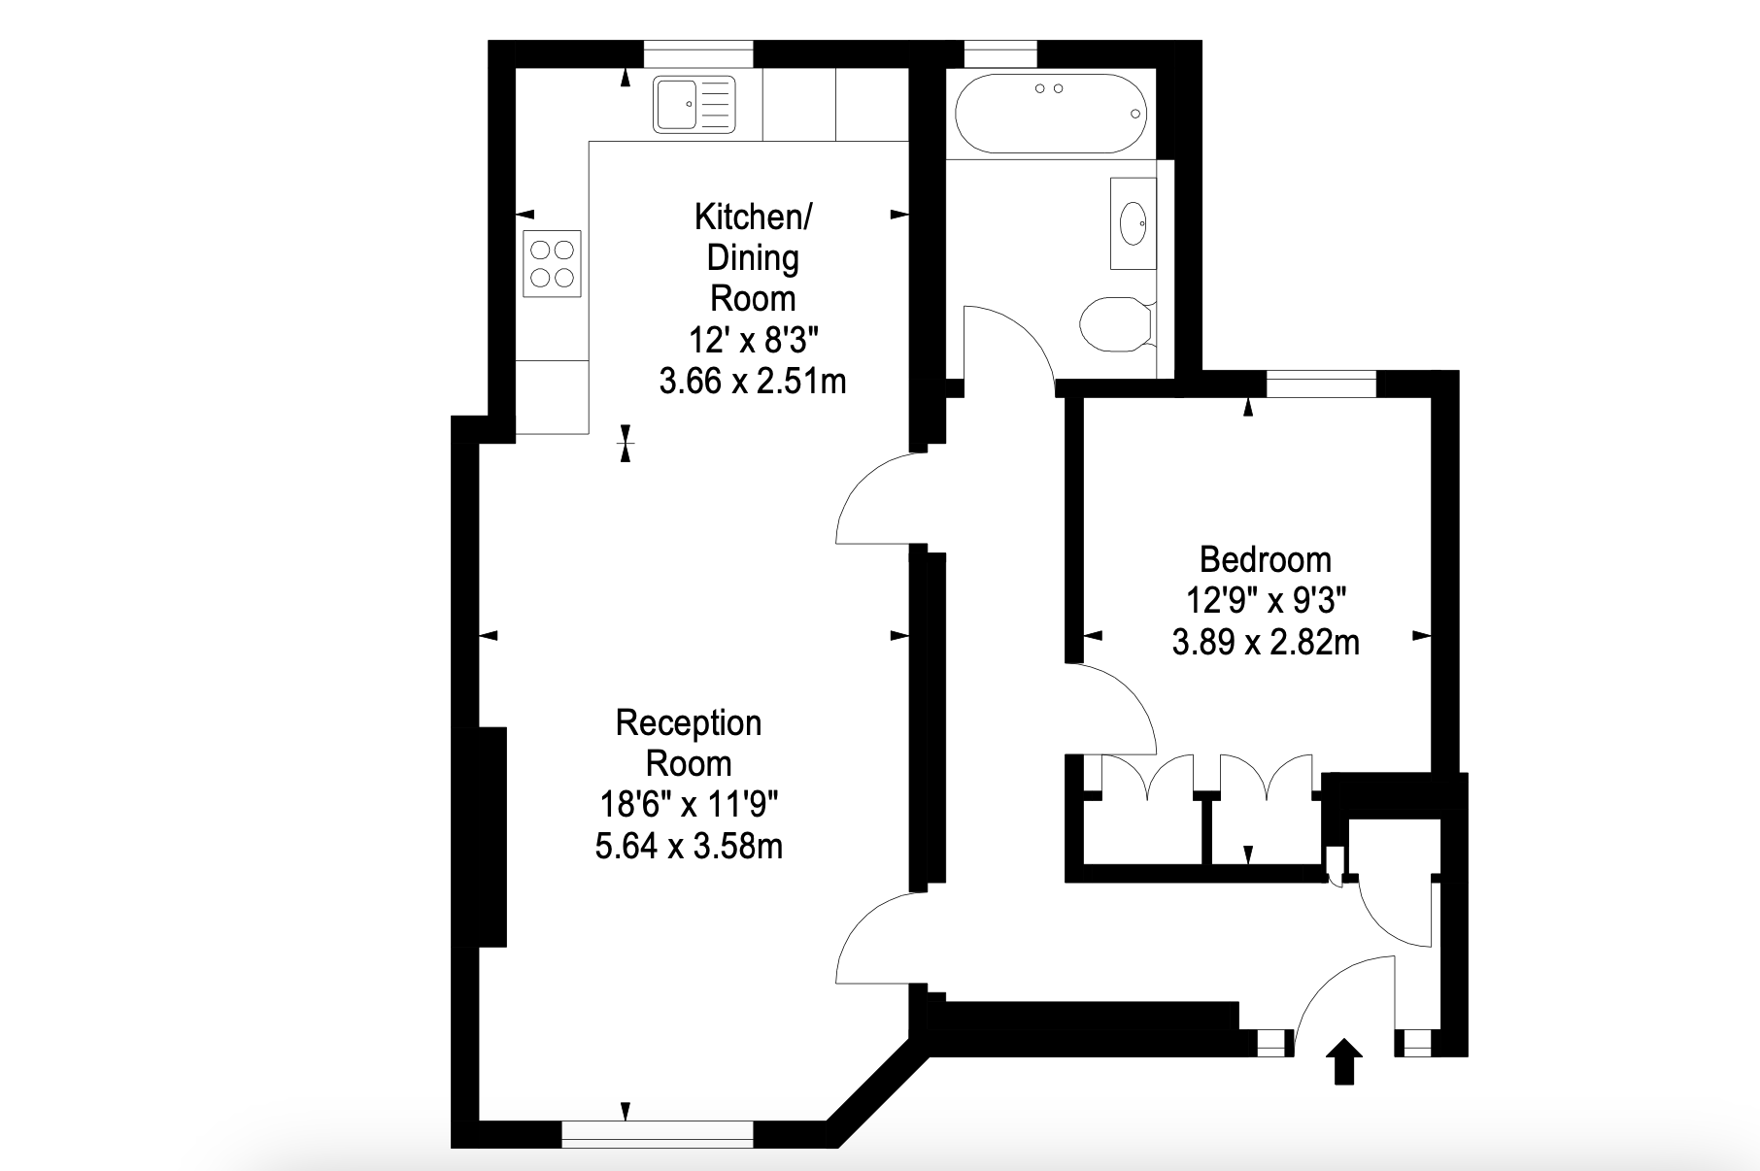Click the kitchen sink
pyautogui.click(x=694, y=104)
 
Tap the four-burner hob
pyautogui.click(x=552, y=263)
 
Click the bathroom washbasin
pyautogui.click(x=1134, y=223)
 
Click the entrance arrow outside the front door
pyautogui.click(x=1344, y=1061)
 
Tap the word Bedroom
pyautogui.click(x=1265, y=559)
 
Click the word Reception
pyautogui.click(x=689, y=723)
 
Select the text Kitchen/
pyautogui.click(x=753, y=217)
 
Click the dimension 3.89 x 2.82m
pyautogui.click(x=1265, y=642)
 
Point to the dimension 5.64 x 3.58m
pyautogui.click(x=689, y=846)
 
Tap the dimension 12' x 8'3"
pyautogui.click(x=753, y=340)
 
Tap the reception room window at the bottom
pyautogui.click(x=658, y=1134)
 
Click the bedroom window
pyautogui.click(x=1322, y=384)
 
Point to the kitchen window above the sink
pyautogui.click(x=698, y=54)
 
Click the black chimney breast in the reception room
pyautogui.click(x=492, y=836)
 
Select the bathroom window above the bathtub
pyautogui.click(x=999, y=54)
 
